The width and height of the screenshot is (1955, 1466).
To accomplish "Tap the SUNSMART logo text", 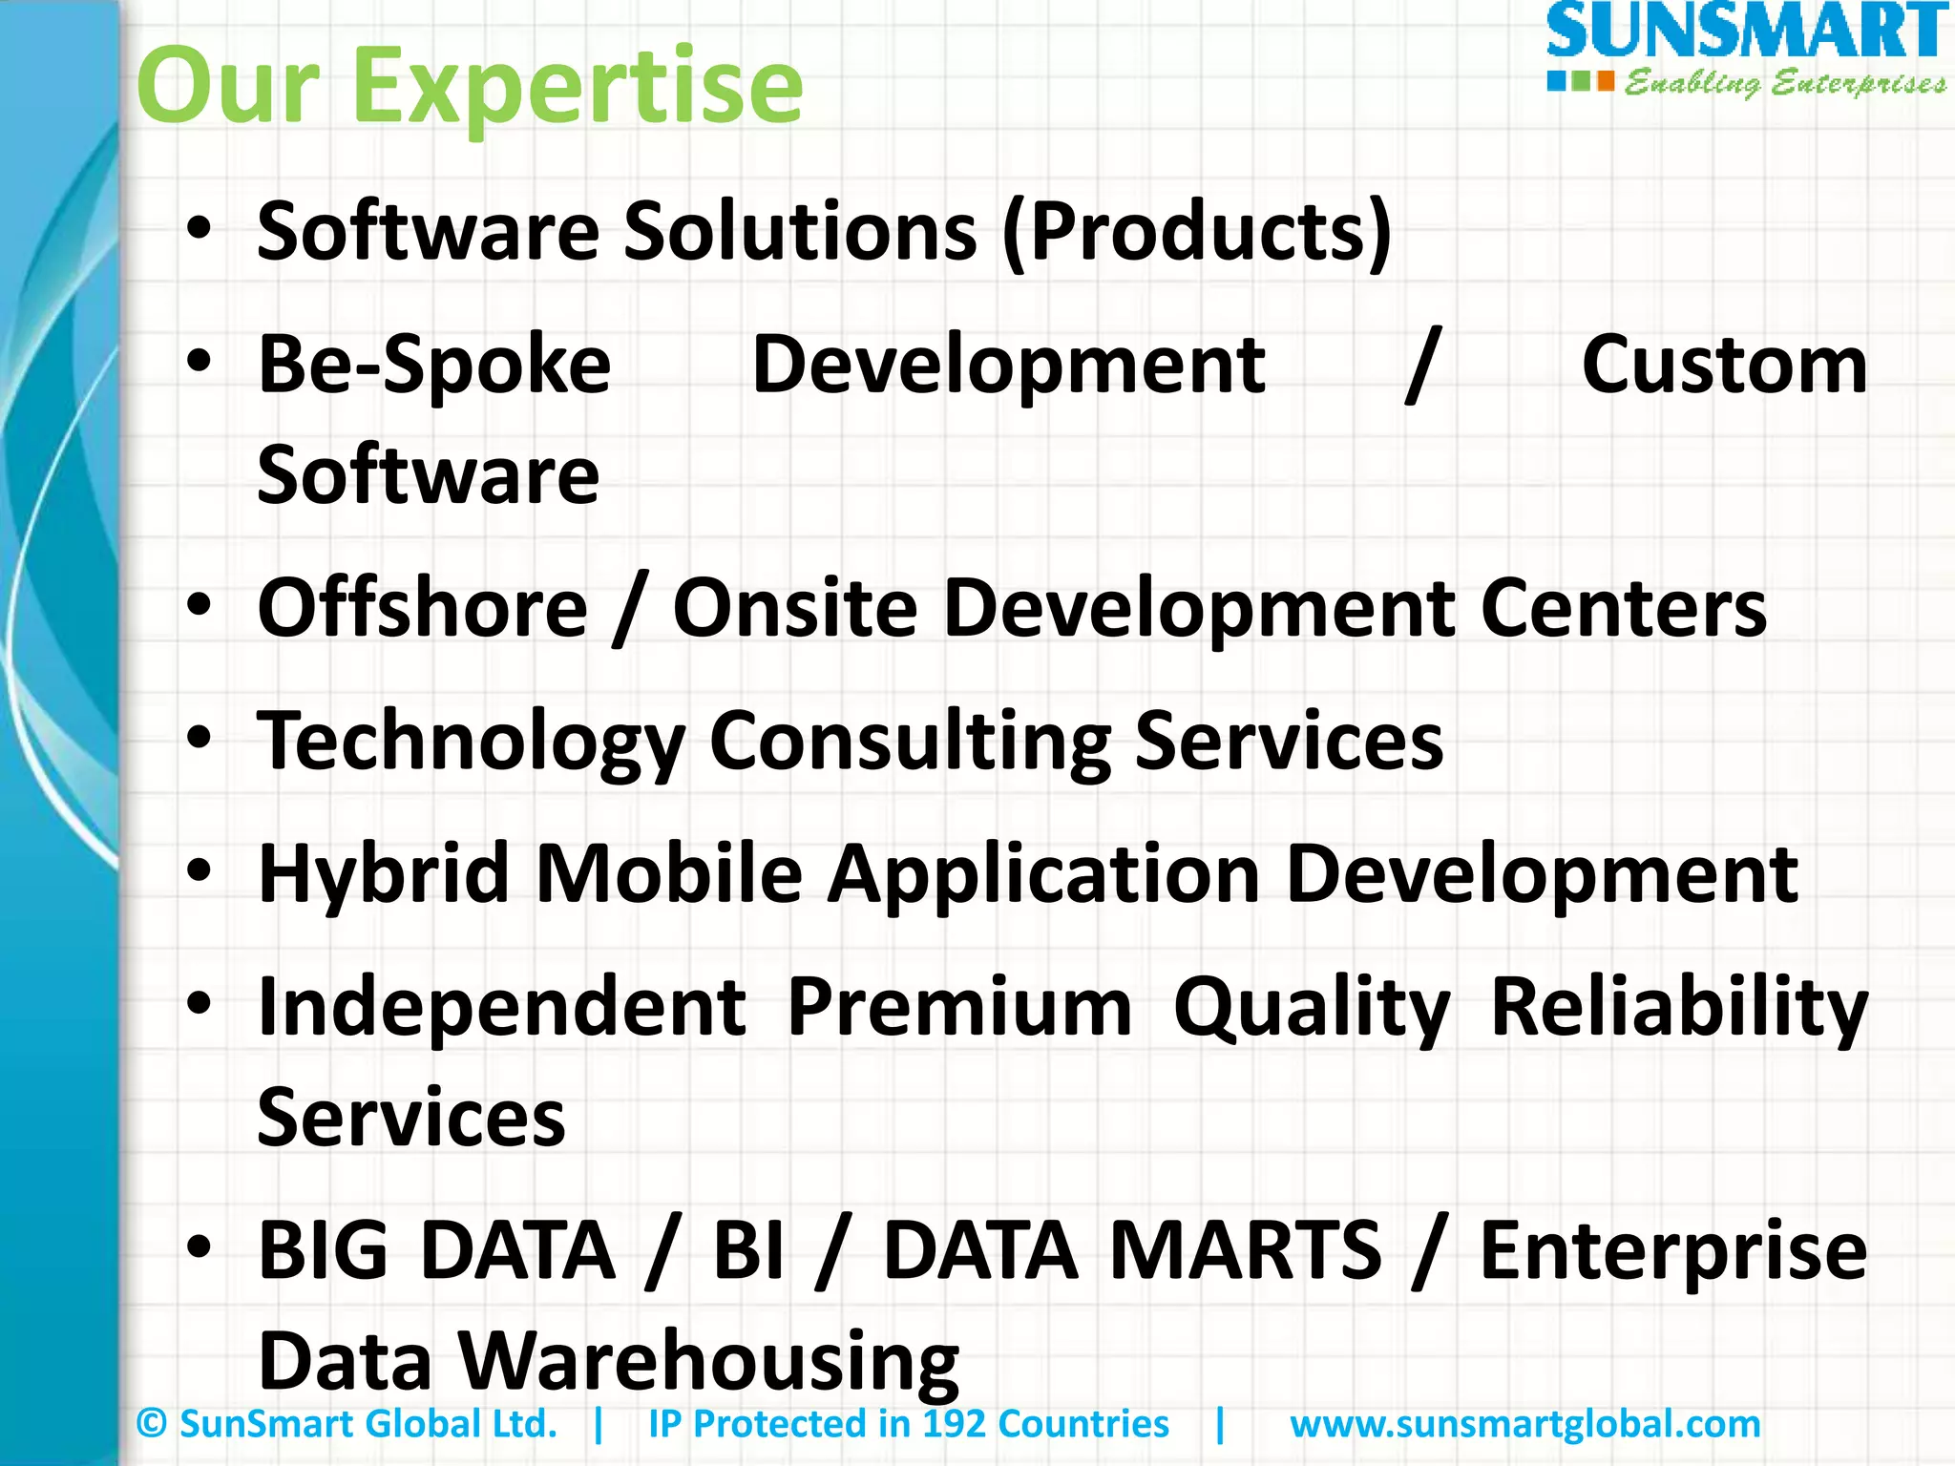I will tap(1745, 32).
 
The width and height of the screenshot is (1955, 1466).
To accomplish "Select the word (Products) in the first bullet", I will tap(1197, 231).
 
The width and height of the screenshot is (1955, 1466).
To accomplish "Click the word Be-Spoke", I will tap(434, 365).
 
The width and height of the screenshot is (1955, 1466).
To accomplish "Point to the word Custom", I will tap(1724, 365).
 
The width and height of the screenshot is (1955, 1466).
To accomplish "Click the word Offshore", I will tap(423, 608).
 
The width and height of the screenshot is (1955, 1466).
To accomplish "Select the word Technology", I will tap(472, 743).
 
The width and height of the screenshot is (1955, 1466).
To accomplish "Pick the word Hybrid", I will tap(384, 874).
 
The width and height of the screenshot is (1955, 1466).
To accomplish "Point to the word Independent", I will tap(502, 1007).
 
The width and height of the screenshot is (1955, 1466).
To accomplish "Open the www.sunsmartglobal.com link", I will tap(1524, 1424).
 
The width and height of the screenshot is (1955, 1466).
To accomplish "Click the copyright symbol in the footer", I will tap(152, 1424).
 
